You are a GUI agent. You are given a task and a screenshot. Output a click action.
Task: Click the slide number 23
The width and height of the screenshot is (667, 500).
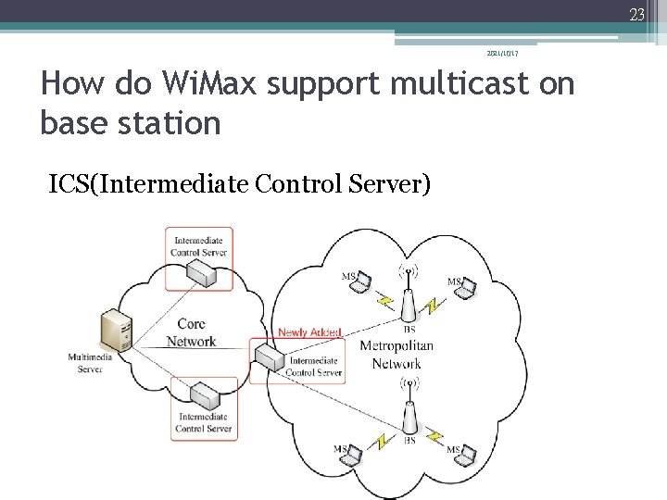coord(636,13)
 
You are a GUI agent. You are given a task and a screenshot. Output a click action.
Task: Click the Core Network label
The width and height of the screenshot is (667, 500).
coord(191,332)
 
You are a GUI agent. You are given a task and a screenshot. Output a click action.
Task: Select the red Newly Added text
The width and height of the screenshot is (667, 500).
coord(309,332)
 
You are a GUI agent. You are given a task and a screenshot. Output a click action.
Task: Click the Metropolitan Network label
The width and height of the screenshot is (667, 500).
coord(396,355)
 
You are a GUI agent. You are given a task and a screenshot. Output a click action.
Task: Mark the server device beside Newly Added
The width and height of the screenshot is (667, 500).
coord(270,356)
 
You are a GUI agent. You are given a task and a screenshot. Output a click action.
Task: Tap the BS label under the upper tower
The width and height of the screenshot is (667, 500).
coord(409,329)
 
